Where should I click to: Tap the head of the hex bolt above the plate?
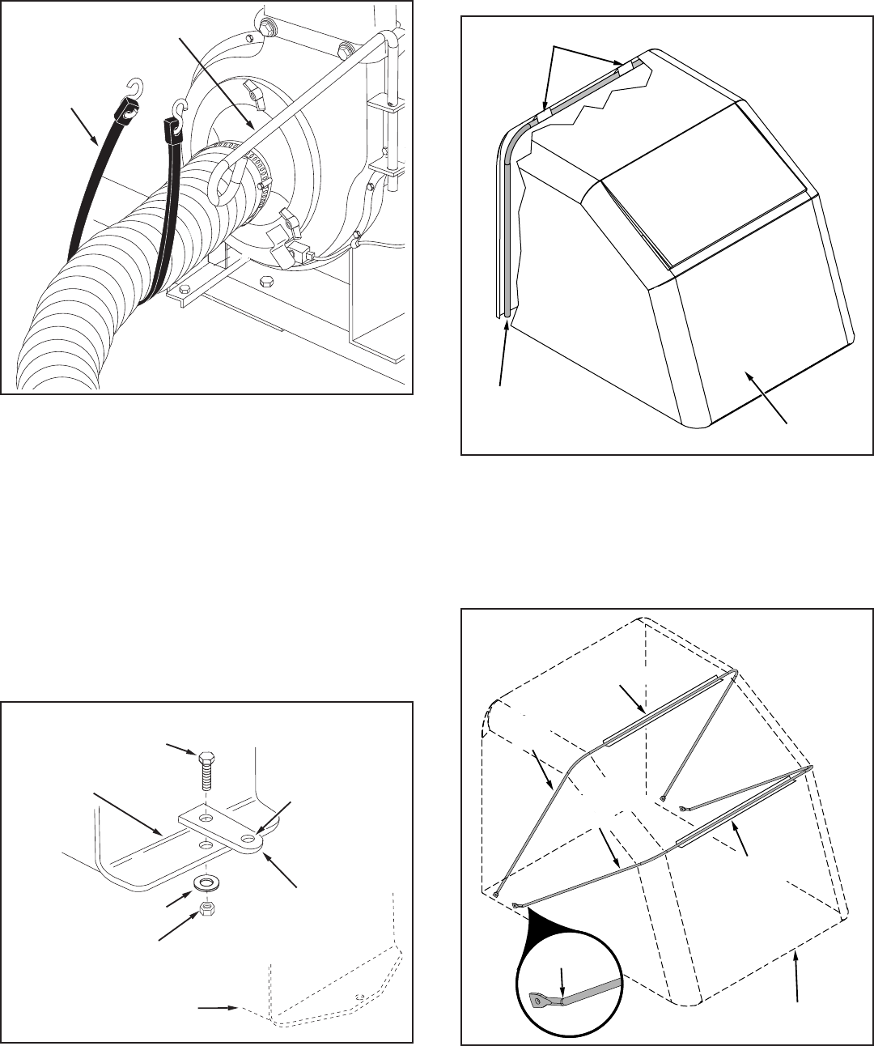point(206,758)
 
